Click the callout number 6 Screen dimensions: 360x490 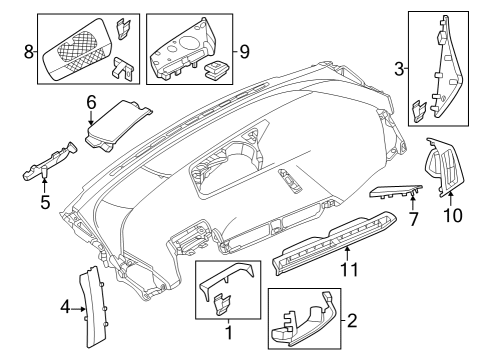tap(90, 101)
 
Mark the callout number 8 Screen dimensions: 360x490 tap(29, 48)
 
